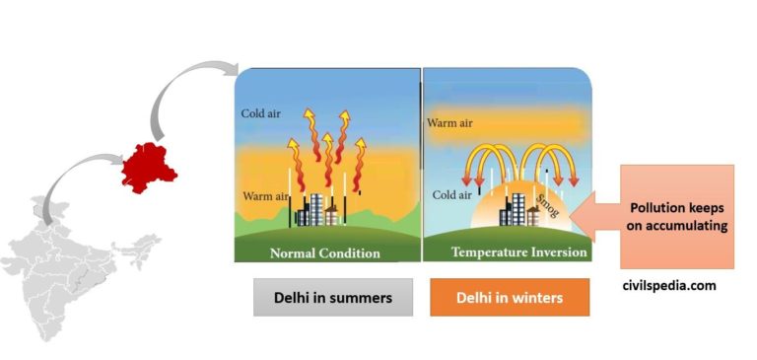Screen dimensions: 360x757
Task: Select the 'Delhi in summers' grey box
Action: (332, 297)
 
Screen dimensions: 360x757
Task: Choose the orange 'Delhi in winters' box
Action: (510, 297)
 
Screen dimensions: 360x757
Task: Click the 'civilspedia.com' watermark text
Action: (668, 285)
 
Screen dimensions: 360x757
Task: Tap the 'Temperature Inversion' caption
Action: (506, 252)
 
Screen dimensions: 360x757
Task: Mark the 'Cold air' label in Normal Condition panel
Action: (261, 113)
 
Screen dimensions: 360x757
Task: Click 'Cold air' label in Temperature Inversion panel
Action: (451, 195)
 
